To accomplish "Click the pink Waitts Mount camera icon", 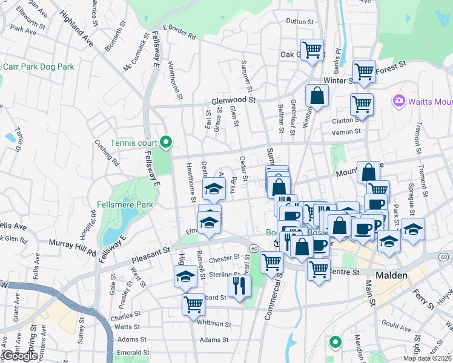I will [398, 100].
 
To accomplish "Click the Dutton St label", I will [300, 22].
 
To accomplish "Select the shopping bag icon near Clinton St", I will [317, 95].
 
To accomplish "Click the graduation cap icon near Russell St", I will [186, 277].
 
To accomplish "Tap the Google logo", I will [19, 356].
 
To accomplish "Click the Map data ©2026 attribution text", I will [427, 358].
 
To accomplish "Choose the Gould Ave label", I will [396, 327].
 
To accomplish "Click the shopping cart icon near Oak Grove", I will [312, 49].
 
